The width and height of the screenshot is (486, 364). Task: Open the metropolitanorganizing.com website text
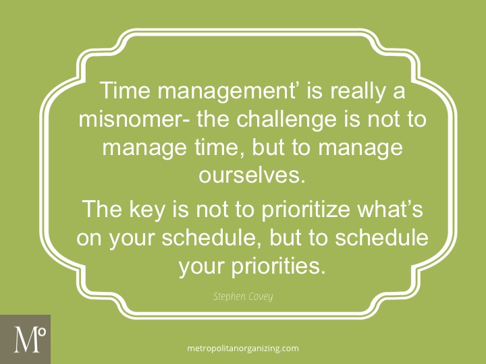click(242, 348)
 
